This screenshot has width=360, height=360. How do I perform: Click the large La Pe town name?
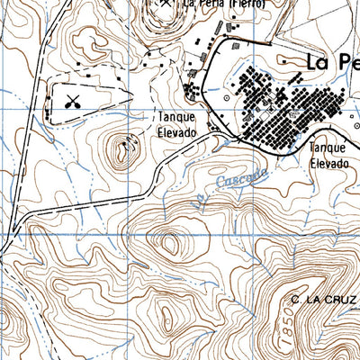click(332, 64)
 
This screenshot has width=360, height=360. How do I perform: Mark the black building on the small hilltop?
click(128, 138)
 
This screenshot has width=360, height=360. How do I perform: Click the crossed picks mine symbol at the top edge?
click(166, 3)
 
